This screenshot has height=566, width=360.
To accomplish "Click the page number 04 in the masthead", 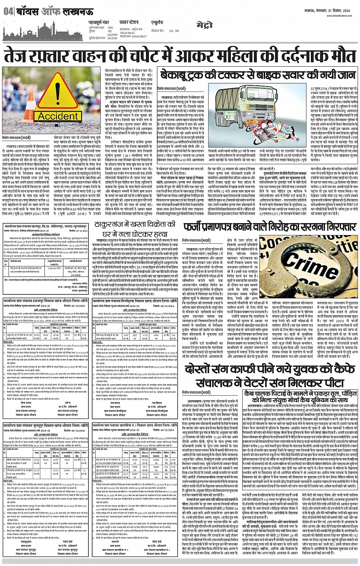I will click(8, 11).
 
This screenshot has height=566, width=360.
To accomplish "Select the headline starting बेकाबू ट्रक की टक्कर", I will click(258, 75).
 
